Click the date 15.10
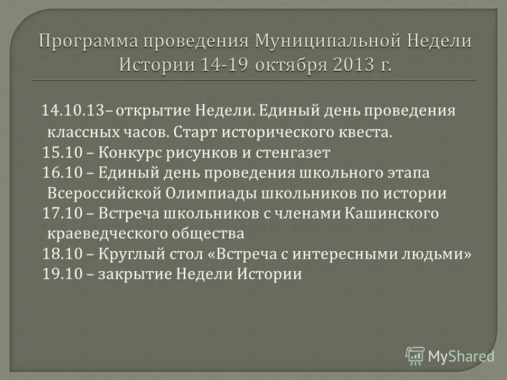point(60,153)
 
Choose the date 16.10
point(60,173)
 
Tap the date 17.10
point(60,213)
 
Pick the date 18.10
point(60,254)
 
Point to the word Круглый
point(123,254)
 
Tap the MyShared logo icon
point(415,356)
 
